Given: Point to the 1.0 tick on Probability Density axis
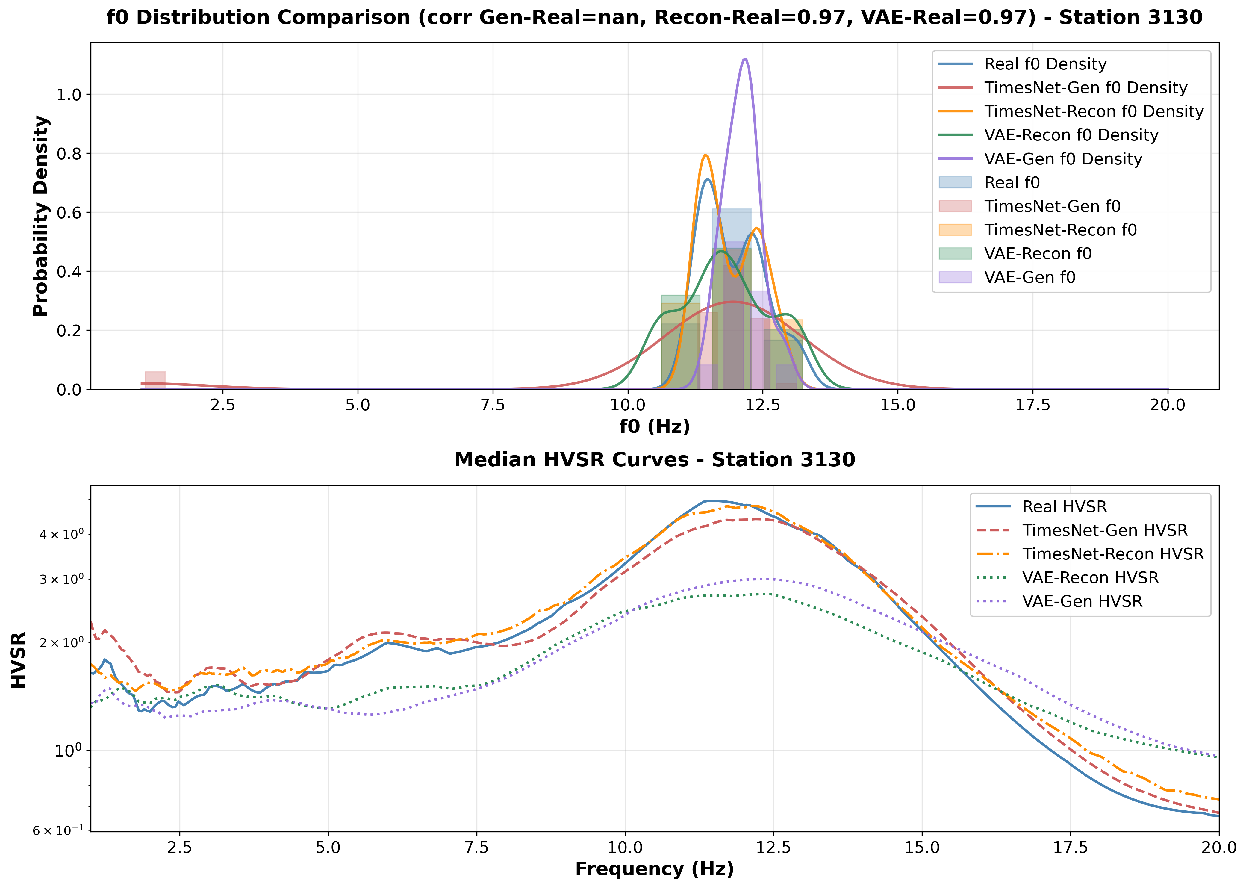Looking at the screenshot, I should click(x=69, y=95).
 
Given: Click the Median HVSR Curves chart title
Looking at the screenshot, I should click(x=654, y=460).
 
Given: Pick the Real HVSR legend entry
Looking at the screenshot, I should click(x=1064, y=507).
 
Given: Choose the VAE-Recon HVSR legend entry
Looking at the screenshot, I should click(x=1090, y=578).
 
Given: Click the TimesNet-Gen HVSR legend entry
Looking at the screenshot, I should click(x=1104, y=530).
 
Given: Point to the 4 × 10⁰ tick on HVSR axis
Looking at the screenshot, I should click(x=61, y=534).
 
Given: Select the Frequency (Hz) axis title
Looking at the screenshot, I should click(x=654, y=869).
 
